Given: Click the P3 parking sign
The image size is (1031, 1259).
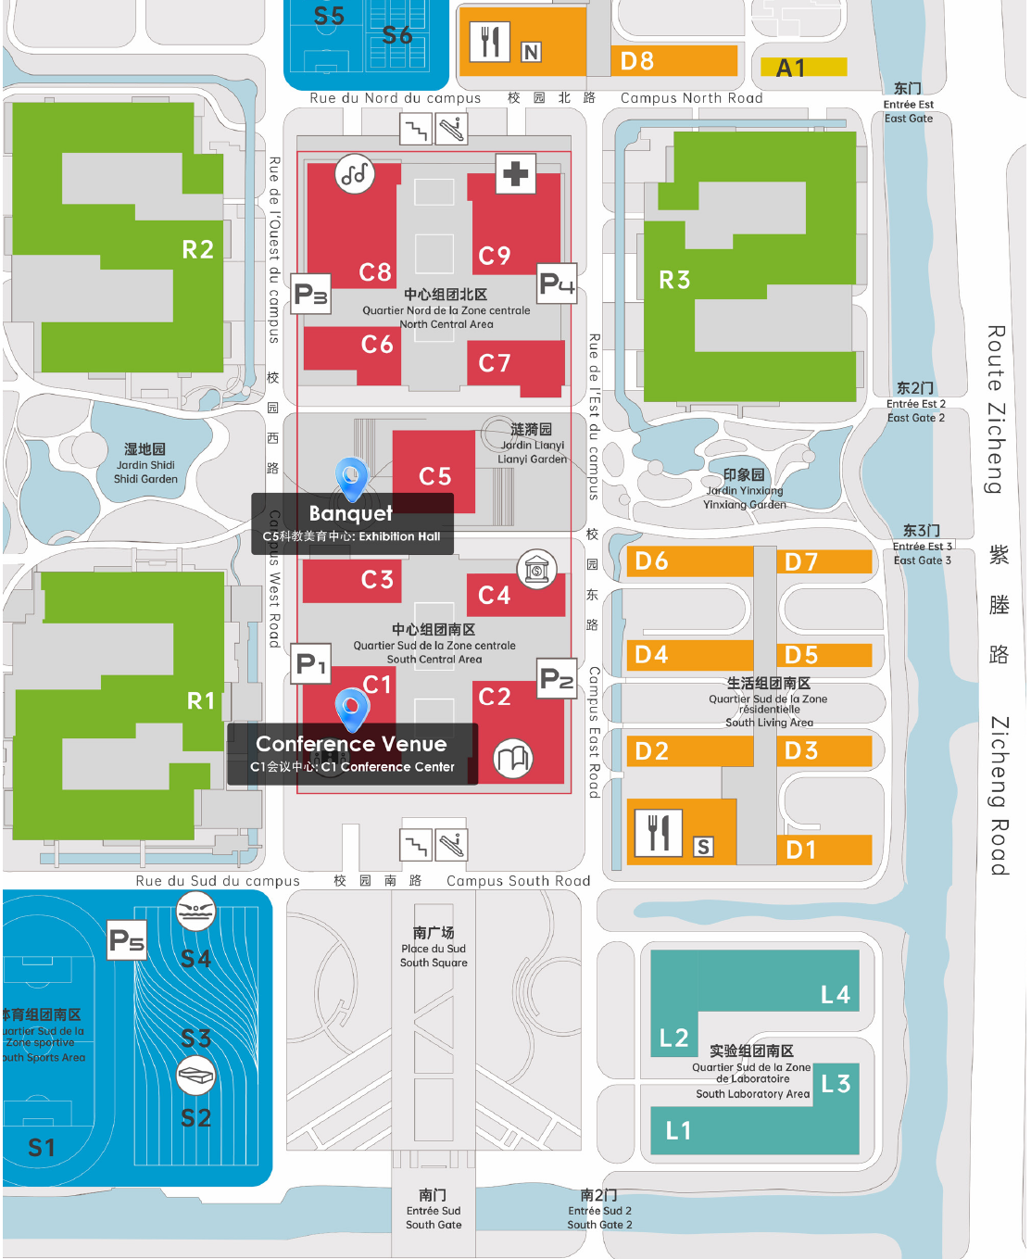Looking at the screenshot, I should (x=311, y=295).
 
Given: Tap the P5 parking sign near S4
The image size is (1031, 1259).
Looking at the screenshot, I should (x=127, y=940).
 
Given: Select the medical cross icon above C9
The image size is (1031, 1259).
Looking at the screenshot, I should (x=516, y=173).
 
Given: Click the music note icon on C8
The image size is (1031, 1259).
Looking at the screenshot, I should (x=355, y=173).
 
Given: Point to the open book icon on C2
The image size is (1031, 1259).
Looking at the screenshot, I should (x=512, y=760).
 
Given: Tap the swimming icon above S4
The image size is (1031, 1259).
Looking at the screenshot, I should (x=195, y=912).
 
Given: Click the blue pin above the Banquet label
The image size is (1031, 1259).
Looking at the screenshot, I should (x=351, y=477).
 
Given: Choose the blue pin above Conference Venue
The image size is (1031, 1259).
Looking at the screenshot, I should (x=351, y=708).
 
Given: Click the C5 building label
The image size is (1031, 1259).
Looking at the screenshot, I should (x=434, y=476).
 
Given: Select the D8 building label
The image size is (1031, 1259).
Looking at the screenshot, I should (x=637, y=61).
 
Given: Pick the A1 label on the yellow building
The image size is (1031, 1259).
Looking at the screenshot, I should (x=790, y=68).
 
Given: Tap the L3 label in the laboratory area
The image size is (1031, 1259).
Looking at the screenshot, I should (x=836, y=1083).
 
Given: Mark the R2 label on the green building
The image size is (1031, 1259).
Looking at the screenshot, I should (x=197, y=249).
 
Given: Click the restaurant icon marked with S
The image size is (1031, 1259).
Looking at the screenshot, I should (x=659, y=832).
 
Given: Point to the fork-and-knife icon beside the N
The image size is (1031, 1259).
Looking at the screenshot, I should (x=490, y=41).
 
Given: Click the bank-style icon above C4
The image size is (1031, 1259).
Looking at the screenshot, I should (x=536, y=570).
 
